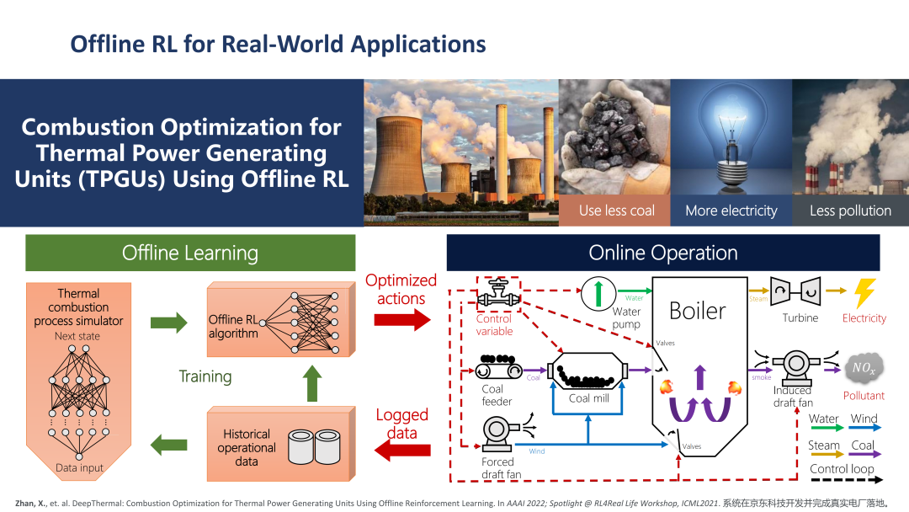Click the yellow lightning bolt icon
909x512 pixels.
(x=864, y=293)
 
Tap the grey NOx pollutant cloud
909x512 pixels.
(x=864, y=367)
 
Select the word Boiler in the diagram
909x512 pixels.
(x=697, y=311)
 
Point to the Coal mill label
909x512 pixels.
(x=588, y=398)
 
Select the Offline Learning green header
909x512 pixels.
(x=190, y=253)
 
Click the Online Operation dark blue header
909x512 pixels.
(x=662, y=253)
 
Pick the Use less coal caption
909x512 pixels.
(x=616, y=211)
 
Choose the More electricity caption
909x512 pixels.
(x=731, y=211)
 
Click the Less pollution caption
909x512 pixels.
(x=850, y=211)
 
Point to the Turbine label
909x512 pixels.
(x=800, y=317)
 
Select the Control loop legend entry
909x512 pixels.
(x=842, y=469)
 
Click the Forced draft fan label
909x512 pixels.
(x=502, y=468)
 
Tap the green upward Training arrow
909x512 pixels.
(x=312, y=383)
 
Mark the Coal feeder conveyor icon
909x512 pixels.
(x=499, y=369)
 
